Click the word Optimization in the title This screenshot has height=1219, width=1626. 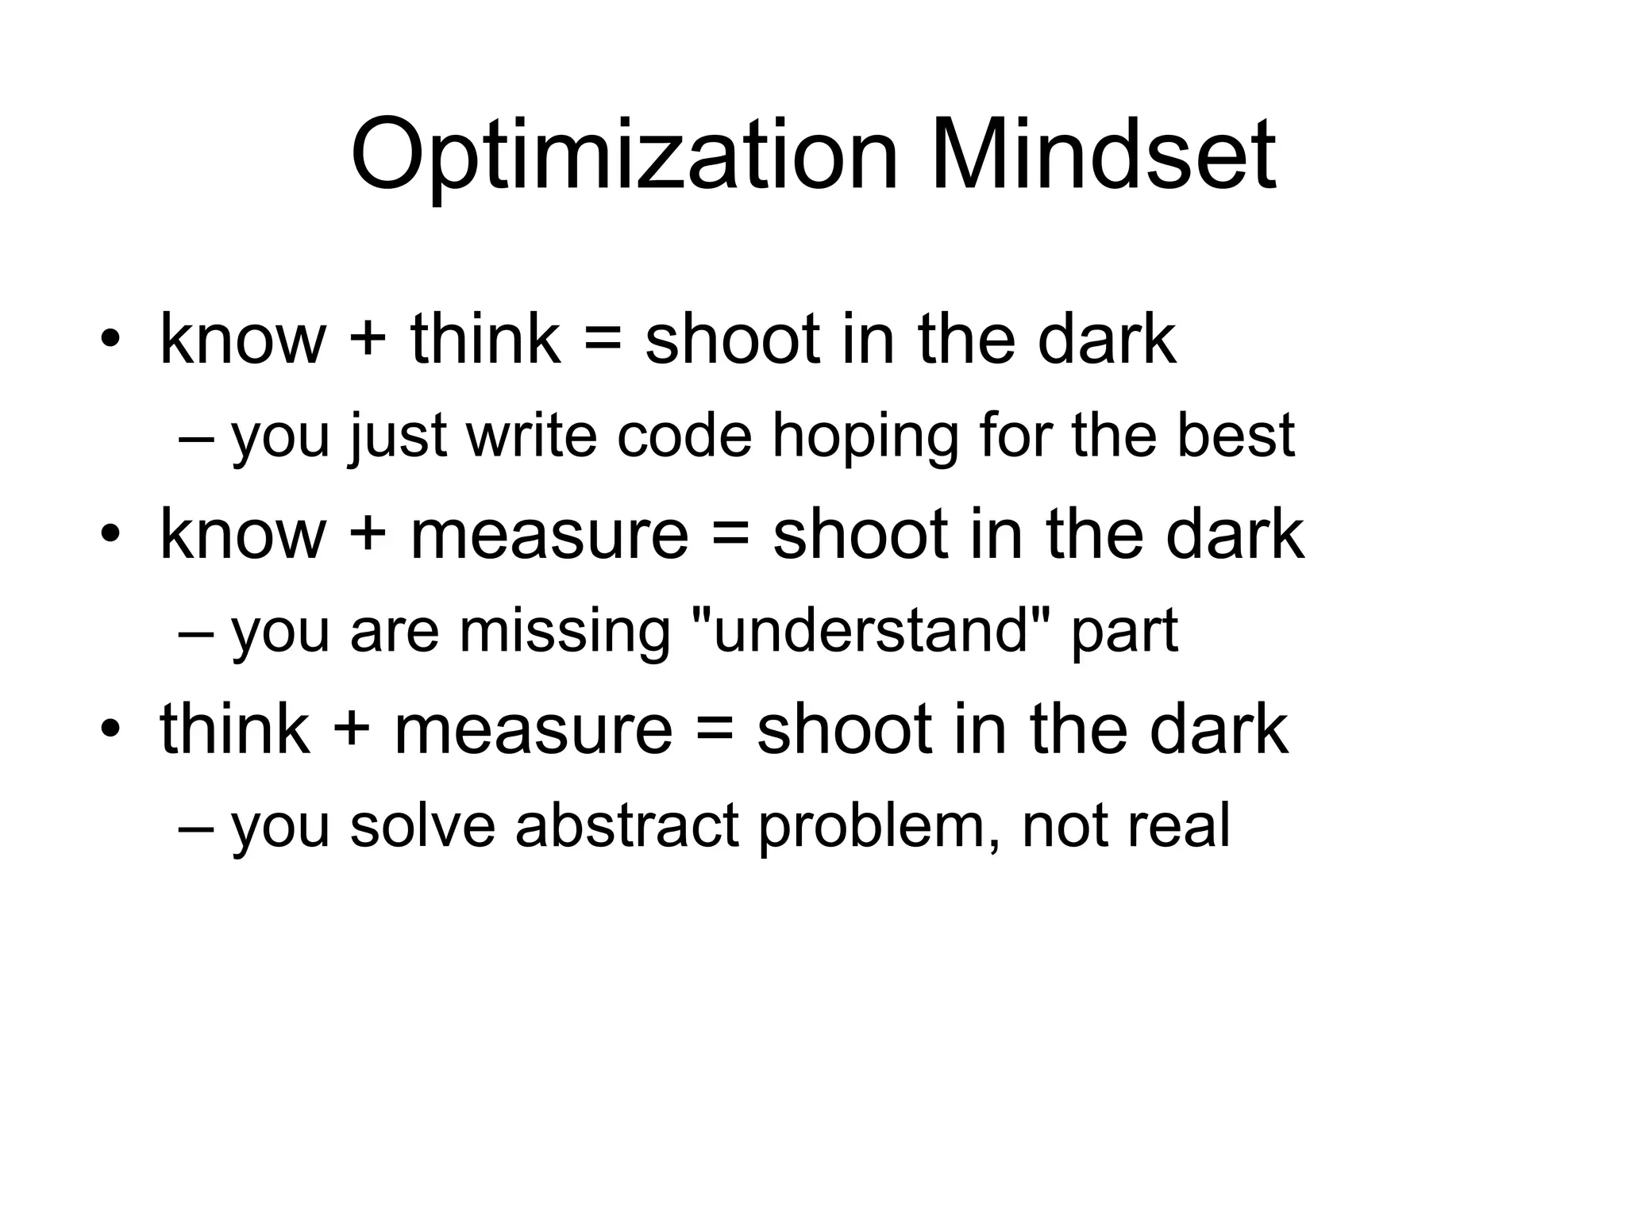[624, 157]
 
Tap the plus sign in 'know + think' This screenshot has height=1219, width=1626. [368, 340]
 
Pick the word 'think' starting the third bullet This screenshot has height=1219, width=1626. [234, 729]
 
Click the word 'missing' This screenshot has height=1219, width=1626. [564, 633]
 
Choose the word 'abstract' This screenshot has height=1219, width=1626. [626, 825]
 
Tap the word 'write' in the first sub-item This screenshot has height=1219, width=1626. [531, 436]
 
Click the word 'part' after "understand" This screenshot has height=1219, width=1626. [1124, 633]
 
